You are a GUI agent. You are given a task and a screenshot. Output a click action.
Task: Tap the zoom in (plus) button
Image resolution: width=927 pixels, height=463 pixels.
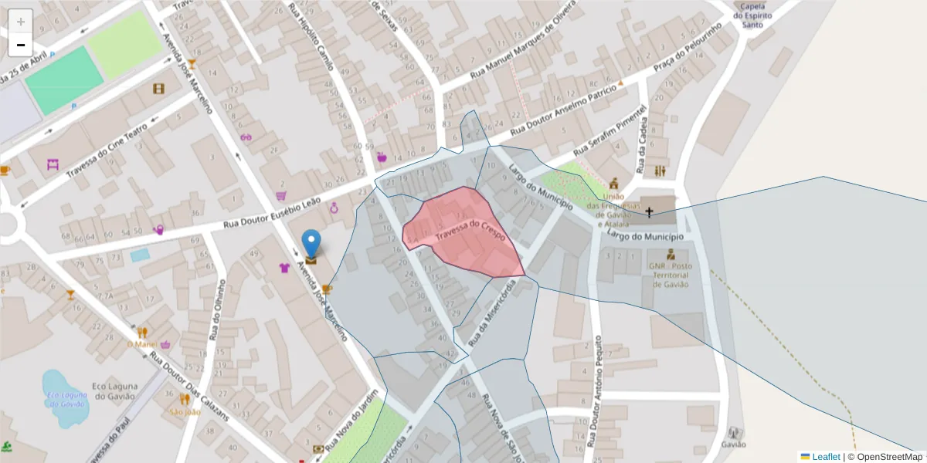pos(21,22)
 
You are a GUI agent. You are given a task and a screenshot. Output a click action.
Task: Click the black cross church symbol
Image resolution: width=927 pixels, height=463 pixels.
pos(649,211)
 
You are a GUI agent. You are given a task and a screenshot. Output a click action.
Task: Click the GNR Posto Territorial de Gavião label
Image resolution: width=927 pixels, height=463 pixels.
pos(670,275)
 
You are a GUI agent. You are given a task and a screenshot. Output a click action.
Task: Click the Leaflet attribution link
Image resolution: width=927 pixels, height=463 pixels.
pos(826,457)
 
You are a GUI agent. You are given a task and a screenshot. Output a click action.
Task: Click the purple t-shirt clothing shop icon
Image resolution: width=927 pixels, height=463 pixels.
pos(284,269)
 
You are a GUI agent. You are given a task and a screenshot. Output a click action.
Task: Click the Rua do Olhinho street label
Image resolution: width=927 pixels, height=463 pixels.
pos(218,309)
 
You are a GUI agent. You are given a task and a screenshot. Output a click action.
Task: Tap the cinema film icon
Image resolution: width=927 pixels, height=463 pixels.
pos(159,89)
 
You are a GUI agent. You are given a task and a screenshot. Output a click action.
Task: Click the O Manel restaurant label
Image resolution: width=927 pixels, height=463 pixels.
pos(141,344)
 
